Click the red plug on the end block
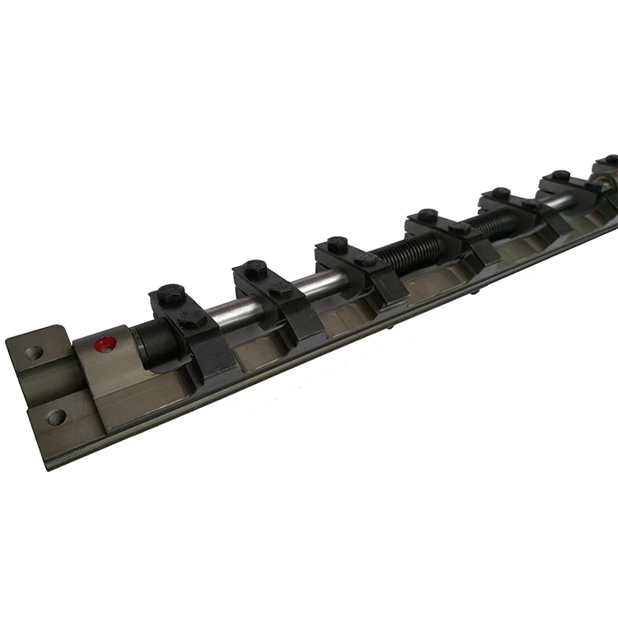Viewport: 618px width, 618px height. (101, 344)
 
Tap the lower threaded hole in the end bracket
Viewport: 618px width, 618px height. (56, 416)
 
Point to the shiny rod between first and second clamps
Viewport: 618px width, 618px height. (227, 309)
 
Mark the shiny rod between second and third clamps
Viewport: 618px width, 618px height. (316, 284)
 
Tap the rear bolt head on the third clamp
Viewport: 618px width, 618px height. (337, 244)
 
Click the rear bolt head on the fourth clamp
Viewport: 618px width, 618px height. (427, 215)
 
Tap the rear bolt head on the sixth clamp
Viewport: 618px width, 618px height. (560, 175)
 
